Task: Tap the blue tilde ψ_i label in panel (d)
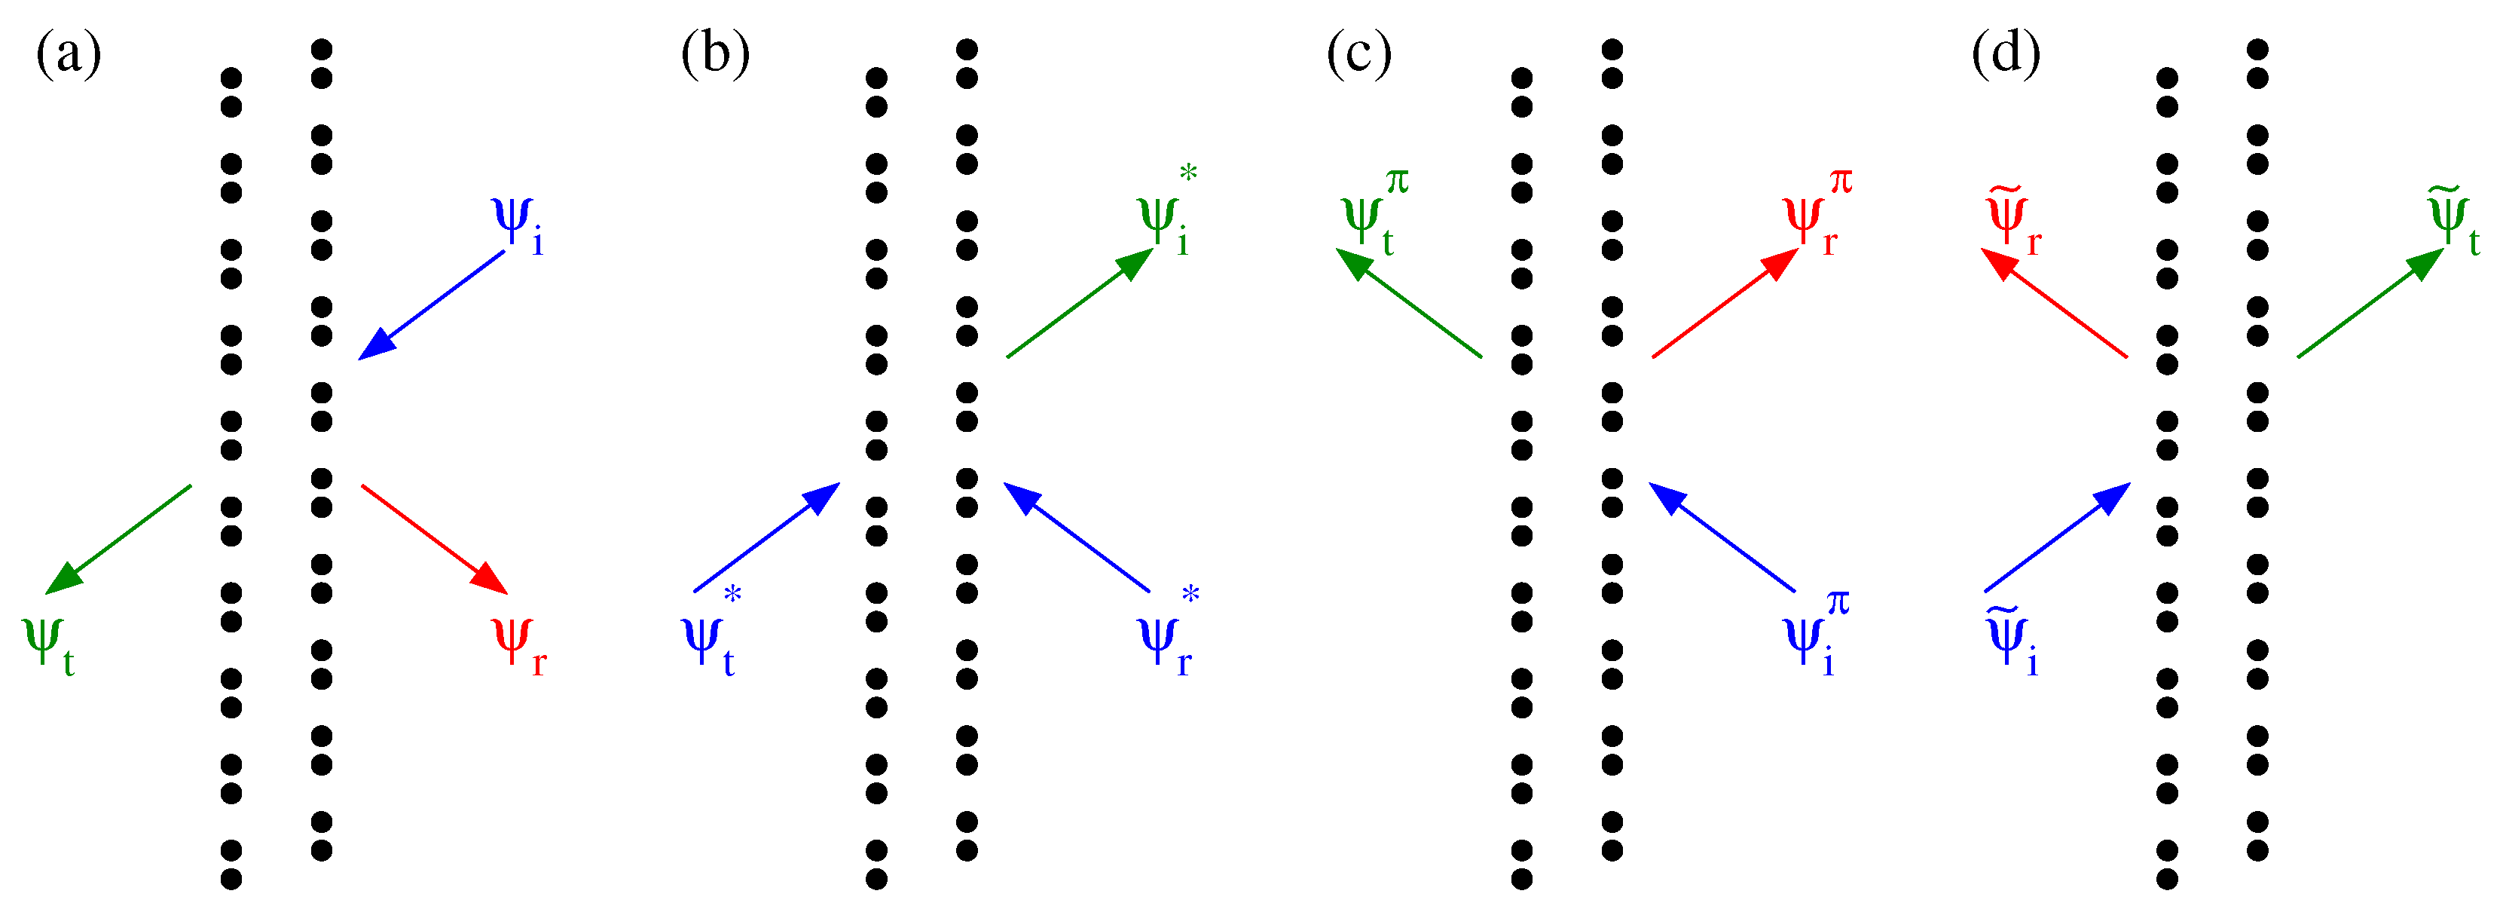[2012, 642]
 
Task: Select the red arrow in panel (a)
[434, 539]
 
